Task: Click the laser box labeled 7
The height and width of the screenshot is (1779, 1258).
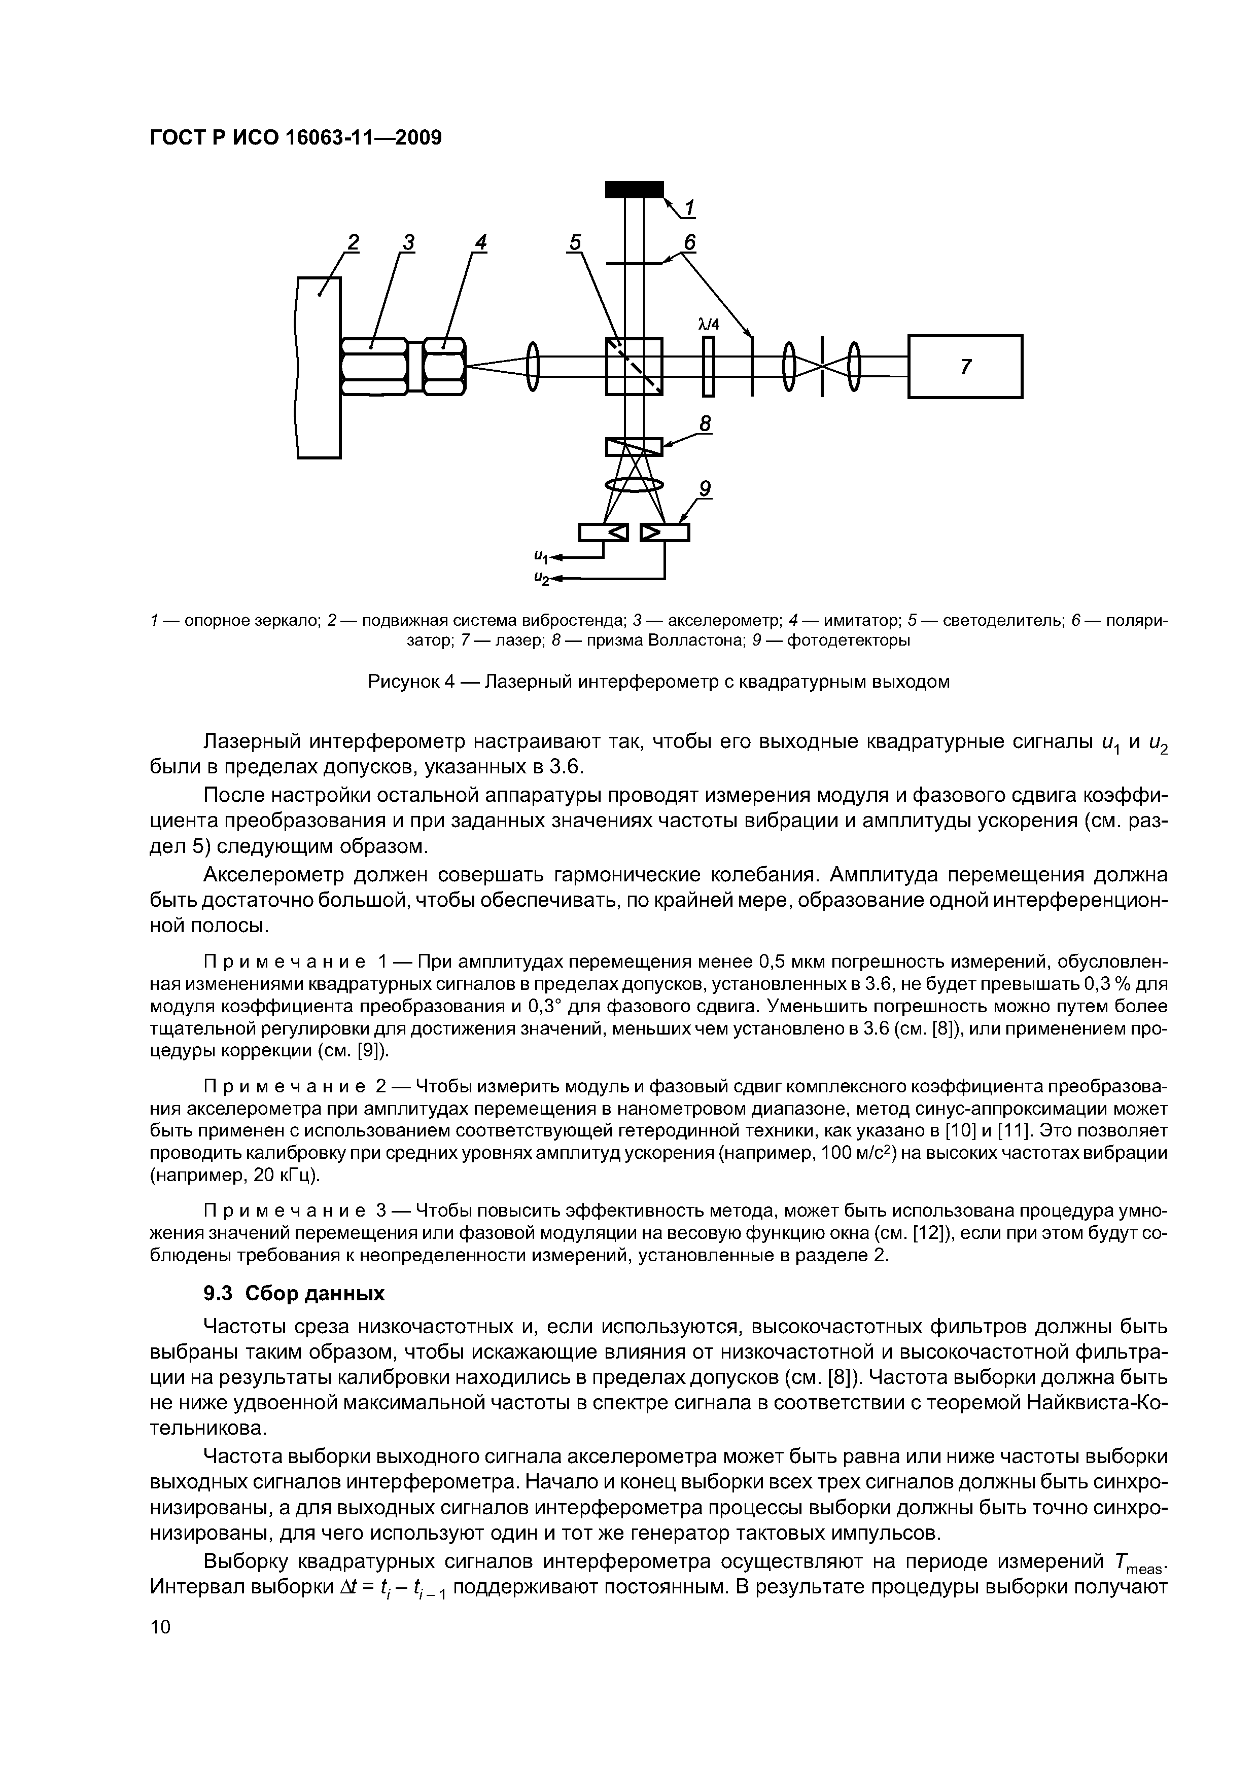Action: click(964, 367)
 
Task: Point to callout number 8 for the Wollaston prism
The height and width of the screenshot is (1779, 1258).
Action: click(705, 424)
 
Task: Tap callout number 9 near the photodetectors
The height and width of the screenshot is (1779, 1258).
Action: click(705, 489)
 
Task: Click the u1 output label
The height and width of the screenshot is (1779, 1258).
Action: click(540, 556)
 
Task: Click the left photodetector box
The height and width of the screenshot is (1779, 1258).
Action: click(603, 532)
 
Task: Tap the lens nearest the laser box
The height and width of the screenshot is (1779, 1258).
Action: click(854, 367)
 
